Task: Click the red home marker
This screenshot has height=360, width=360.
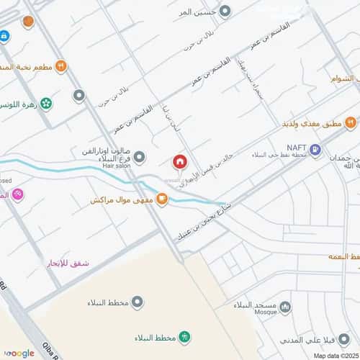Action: [179, 161]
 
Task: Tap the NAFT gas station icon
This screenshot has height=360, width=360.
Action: [315, 154]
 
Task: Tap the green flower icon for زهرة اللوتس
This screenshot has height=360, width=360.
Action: [47, 103]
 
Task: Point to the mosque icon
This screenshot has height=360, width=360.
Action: [286, 307]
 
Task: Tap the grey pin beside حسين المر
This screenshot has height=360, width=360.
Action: [225, 12]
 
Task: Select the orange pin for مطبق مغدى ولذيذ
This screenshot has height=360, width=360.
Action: [350, 123]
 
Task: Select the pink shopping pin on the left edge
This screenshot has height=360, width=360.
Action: [17, 194]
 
